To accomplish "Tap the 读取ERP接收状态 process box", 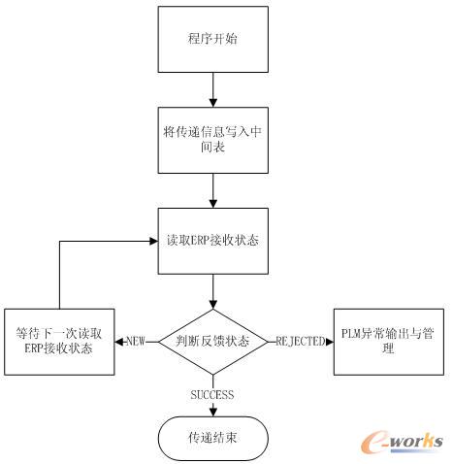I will click(x=211, y=239).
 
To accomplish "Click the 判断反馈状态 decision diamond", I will click(x=211, y=340).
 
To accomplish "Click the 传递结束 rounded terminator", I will click(x=211, y=439).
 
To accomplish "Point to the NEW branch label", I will click(x=135, y=341).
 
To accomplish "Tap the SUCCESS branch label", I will click(x=211, y=394).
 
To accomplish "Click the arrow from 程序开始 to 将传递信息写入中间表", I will click(x=211, y=89).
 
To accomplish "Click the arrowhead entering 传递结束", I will click(x=211, y=411).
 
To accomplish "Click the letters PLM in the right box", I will click(x=352, y=335).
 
